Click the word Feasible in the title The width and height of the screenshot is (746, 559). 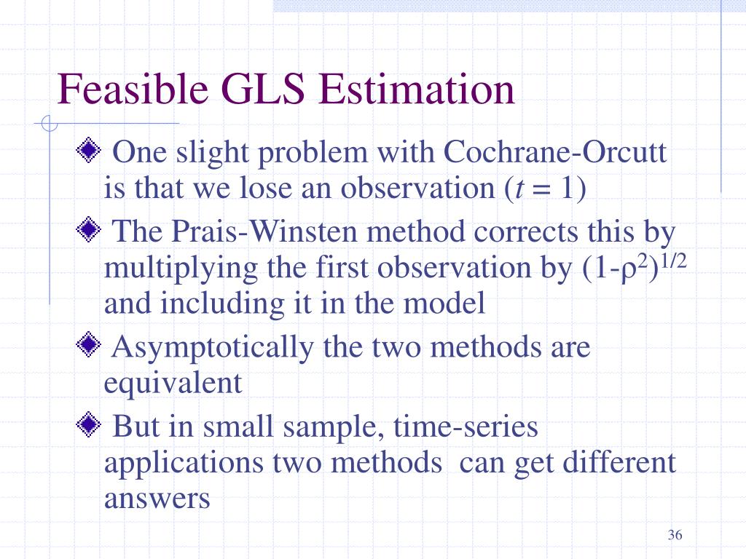tap(133, 89)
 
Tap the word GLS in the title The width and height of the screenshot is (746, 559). tap(263, 89)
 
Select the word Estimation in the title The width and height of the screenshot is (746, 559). tap(417, 89)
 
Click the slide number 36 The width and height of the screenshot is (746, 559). tap(675, 535)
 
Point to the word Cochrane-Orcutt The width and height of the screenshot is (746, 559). tap(554, 152)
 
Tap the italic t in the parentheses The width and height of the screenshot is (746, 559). tap(519, 189)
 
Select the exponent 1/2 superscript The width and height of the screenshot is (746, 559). tap(674, 261)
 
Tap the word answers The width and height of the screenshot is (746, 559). tap(157, 499)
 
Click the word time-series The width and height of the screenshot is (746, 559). tap(466, 426)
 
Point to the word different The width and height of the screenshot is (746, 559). tap(619, 461)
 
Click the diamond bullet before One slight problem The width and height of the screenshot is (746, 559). tap(88, 150)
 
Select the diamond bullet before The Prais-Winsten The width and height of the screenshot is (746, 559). tap(88, 229)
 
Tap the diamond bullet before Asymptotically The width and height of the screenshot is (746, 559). tap(88, 344)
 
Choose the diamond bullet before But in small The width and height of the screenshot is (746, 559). tap(88, 424)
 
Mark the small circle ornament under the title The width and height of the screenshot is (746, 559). tap(49, 124)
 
